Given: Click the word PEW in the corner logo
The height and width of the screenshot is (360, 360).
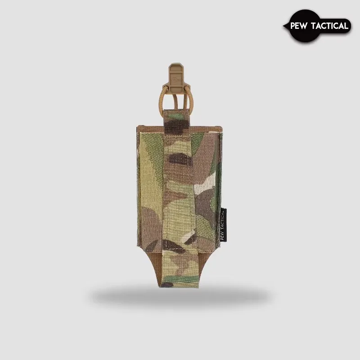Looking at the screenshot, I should click(x=300, y=26).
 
